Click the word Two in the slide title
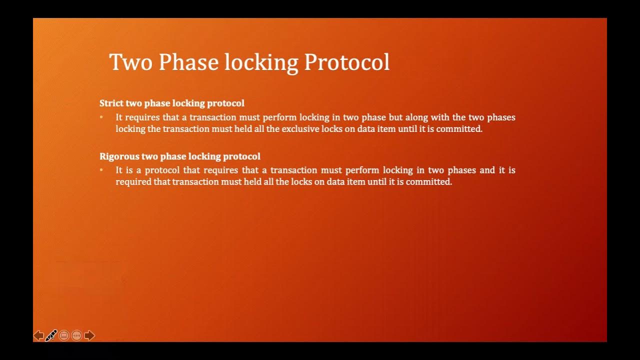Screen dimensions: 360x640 tap(130, 62)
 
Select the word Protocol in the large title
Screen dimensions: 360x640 tap(346, 62)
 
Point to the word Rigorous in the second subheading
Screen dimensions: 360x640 tap(119, 156)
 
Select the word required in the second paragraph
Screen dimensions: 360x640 tap(133, 182)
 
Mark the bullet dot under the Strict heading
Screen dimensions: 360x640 tap(101, 117)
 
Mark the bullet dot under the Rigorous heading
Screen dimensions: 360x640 tap(101, 170)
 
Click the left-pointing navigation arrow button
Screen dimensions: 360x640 tap(38, 335)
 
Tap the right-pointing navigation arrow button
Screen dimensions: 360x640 tap(89, 335)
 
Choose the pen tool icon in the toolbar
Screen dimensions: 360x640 tap(51, 335)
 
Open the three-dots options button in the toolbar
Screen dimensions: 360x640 tap(76, 335)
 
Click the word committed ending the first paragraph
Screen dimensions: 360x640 tap(459, 129)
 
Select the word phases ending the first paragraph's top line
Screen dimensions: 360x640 tap(501, 117)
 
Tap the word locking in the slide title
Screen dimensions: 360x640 tap(261, 62)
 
